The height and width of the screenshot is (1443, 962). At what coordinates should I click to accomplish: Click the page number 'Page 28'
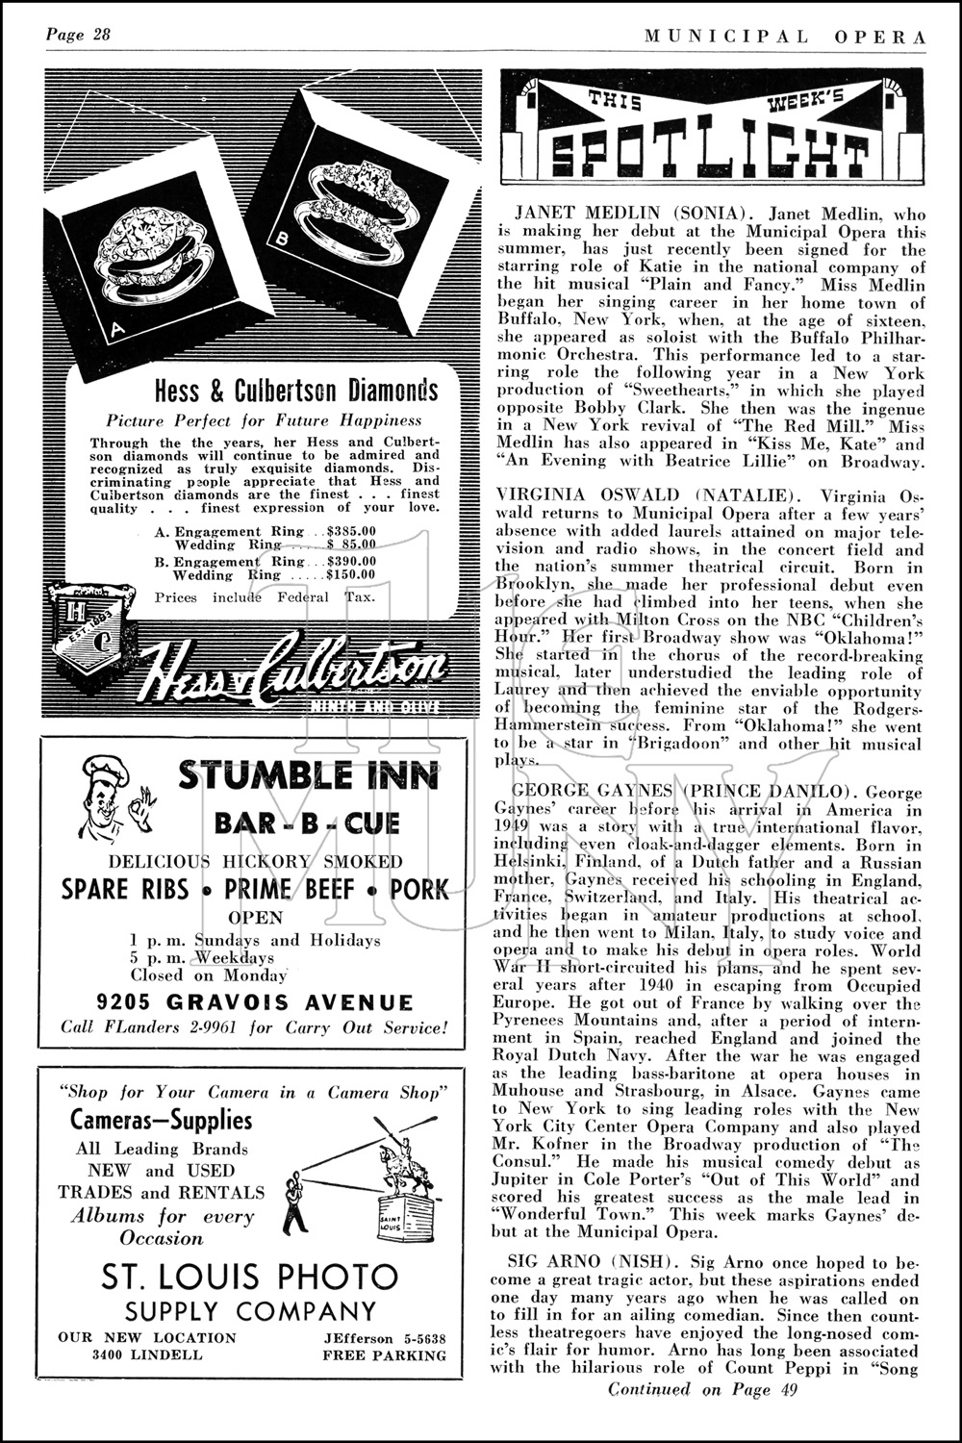coord(79,36)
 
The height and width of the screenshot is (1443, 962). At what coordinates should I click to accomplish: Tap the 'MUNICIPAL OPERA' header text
coord(785,37)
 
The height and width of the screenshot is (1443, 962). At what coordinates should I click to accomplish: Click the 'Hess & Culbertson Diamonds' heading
coord(296,391)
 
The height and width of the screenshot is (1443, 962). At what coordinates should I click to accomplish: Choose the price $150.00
coord(351,575)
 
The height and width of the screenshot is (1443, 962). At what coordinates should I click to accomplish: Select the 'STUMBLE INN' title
coord(308,773)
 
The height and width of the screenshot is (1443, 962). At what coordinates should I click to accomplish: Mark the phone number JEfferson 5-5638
coord(384,1338)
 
